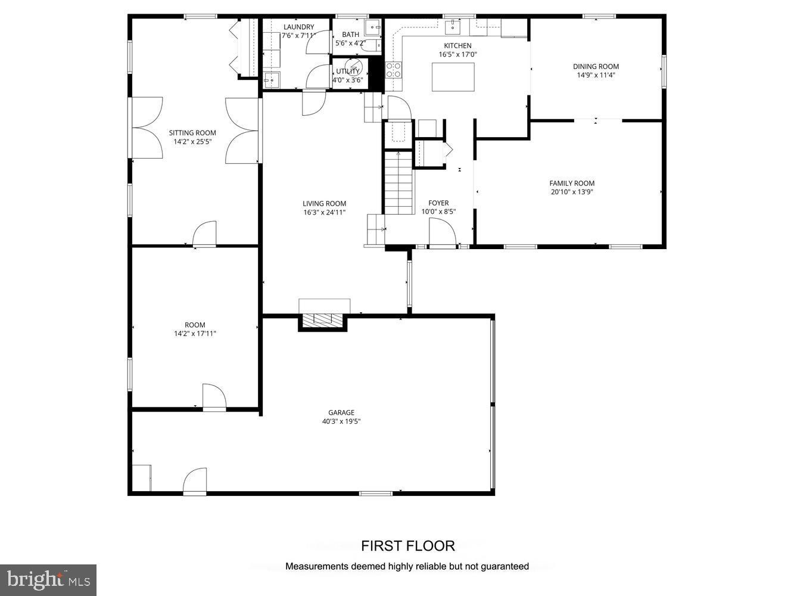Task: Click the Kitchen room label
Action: pyautogui.click(x=457, y=45)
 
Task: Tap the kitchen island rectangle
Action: pyautogui.click(x=453, y=77)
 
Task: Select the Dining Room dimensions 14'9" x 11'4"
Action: pyautogui.click(x=596, y=75)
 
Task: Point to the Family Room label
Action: pyautogui.click(x=572, y=183)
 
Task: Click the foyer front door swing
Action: pyautogui.click(x=441, y=232)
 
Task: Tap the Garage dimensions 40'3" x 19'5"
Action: pyautogui.click(x=341, y=421)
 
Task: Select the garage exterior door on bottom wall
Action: pyautogui.click(x=195, y=481)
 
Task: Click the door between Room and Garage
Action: pyautogui.click(x=214, y=397)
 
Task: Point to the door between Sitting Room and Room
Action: pyautogui.click(x=204, y=234)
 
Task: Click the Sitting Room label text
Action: pyautogui.click(x=192, y=133)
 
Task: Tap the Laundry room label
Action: pyautogui.click(x=298, y=27)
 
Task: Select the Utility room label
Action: pyautogui.click(x=347, y=72)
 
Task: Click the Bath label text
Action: pyautogui.click(x=350, y=35)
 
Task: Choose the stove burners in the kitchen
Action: pyautogui.click(x=394, y=70)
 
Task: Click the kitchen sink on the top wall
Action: pyautogui.click(x=454, y=26)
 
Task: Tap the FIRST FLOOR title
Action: pyautogui.click(x=407, y=545)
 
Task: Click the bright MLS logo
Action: pyautogui.click(x=48, y=579)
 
